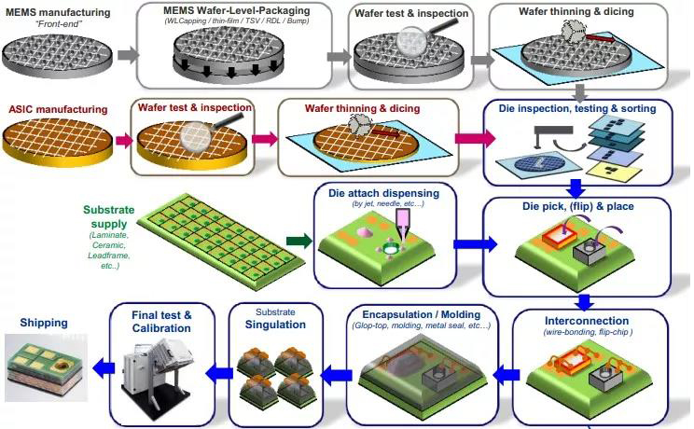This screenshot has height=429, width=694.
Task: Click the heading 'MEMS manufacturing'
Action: (x=58, y=12)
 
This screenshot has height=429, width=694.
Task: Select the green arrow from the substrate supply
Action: (x=298, y=242)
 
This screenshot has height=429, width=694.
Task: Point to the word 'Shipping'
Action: (x=44, y=323)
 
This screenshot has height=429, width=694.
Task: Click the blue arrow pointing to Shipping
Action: (x=104, y=367)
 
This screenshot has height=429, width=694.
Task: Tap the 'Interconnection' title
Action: (x=587, y=321)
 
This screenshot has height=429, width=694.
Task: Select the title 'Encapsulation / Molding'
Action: (x=422, y=314)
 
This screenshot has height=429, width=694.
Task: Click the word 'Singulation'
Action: (x=275, y=325)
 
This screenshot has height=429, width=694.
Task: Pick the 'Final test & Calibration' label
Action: (x=161, y=322)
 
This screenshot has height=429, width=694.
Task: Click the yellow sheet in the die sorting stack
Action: (x=614, y=173)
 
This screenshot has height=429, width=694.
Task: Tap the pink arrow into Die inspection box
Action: (x=475, y=139)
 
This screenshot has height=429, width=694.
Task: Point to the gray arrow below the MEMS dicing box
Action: (x=579, y=93)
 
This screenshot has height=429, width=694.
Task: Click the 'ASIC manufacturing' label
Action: (x=58, y=109)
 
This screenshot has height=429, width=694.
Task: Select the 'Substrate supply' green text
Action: (x=109, y=216)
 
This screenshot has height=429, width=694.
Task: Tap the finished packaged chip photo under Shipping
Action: (x=46, y=367)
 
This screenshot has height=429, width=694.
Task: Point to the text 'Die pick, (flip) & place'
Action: (x=578, y=206)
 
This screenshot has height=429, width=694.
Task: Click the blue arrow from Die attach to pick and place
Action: (x=475, y=244)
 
